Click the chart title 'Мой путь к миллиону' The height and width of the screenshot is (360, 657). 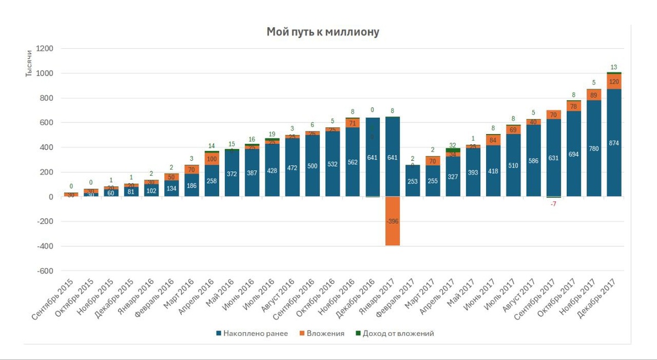click(322, 32)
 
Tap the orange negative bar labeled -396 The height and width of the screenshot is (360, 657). click(393, 221)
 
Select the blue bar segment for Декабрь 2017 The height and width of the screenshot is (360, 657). click(614, 143)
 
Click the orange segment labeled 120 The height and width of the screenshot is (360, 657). click(614, 82)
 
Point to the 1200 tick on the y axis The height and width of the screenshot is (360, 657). click(44, 49)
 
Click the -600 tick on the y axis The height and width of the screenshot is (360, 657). click(44, 271)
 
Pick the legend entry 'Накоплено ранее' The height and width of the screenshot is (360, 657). click(252, 333)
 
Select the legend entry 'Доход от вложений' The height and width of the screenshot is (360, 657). click(395, 333)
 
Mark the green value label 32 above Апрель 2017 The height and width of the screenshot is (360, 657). click(453, 146)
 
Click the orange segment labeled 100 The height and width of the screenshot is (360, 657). click(211, 159)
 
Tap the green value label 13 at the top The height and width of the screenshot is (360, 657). click(614, 68)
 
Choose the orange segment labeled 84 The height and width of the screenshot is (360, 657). click(493, 140)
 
